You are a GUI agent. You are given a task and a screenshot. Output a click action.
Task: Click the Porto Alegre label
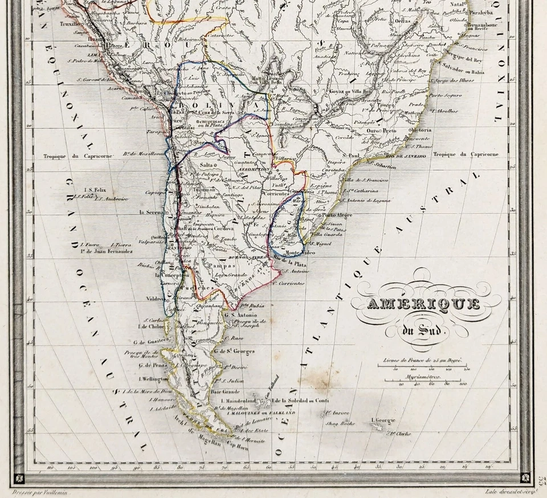[x=337, y=215]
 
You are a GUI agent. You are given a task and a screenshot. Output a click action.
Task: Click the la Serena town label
[x=152, y=212]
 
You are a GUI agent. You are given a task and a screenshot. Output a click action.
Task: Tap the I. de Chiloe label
[x=152, y=326]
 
